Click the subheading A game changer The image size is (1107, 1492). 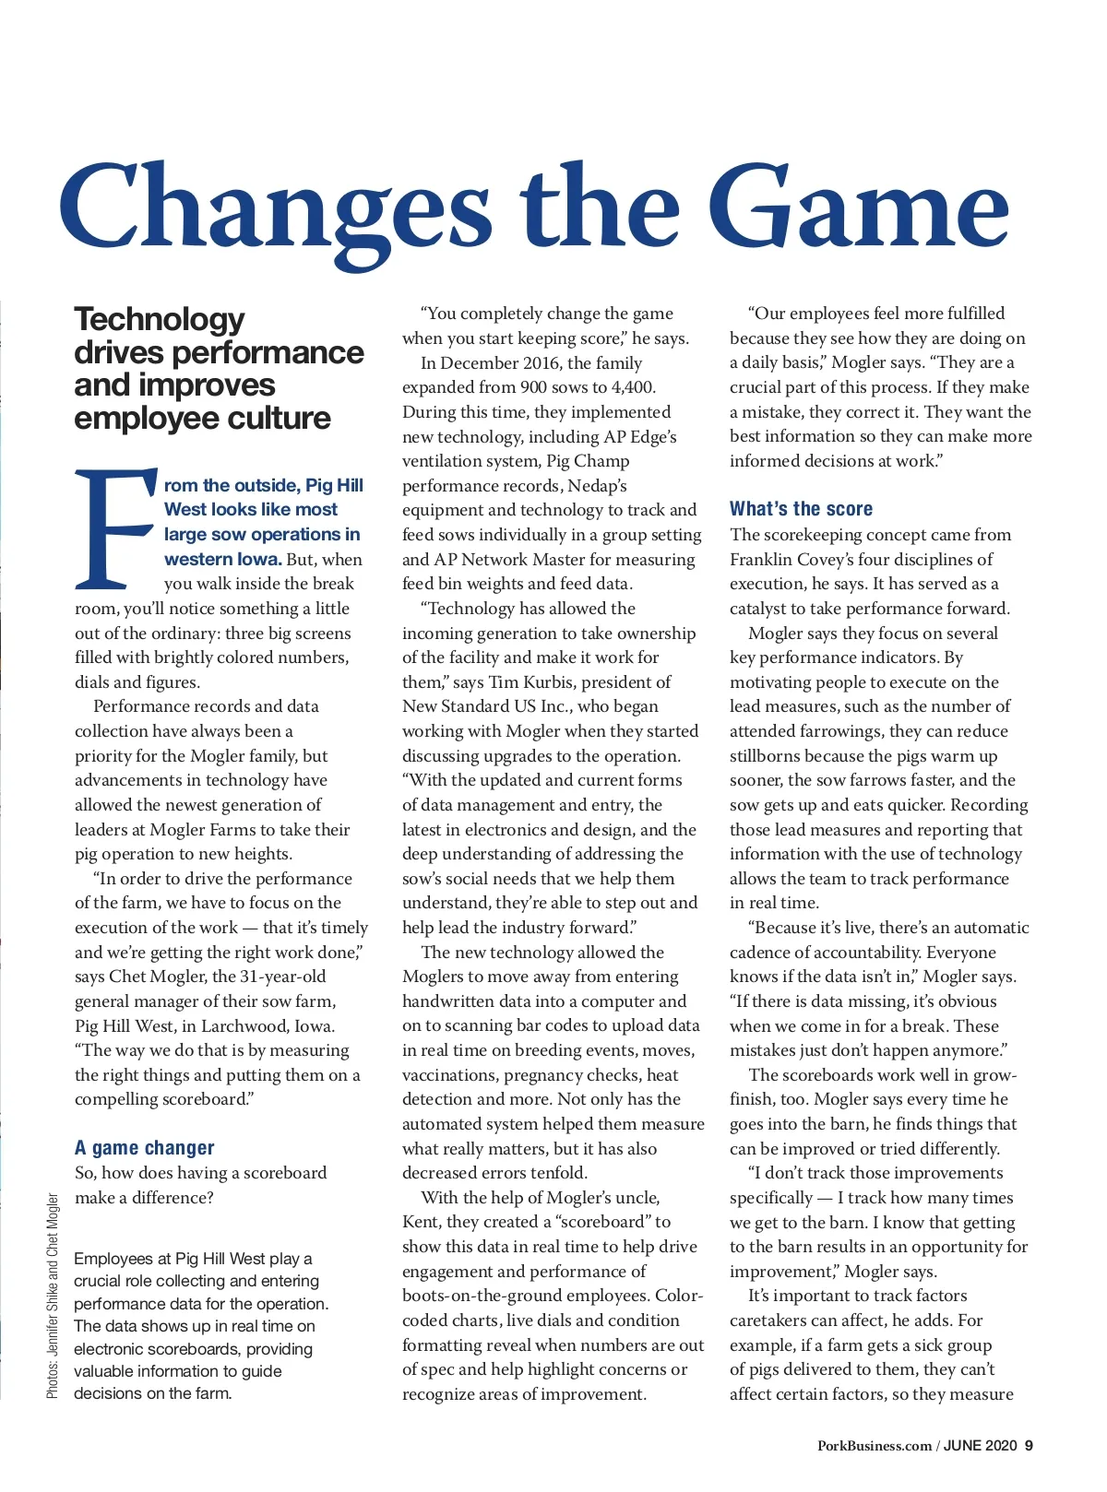144,1148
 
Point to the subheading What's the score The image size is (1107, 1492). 801,509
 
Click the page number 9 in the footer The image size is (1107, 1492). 1028,1445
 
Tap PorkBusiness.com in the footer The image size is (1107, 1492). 875,1445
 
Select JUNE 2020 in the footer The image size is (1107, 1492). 980,1445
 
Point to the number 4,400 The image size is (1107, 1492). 634,387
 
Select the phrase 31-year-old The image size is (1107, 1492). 283,977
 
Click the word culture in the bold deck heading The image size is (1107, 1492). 277,419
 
